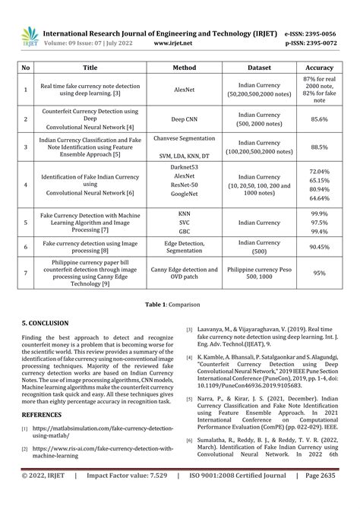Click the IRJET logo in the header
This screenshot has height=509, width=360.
click(x=29, y=37)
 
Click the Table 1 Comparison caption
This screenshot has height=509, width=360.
click(x=179, y=303)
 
